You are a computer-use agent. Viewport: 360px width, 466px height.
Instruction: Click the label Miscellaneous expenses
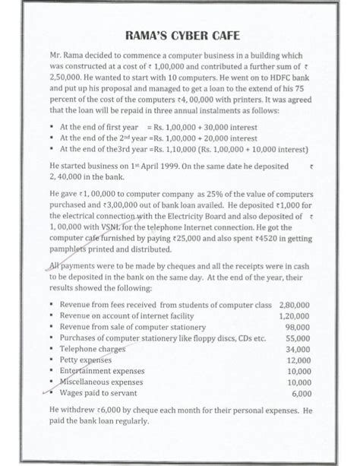pyautogui.click(x=101, y=382)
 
